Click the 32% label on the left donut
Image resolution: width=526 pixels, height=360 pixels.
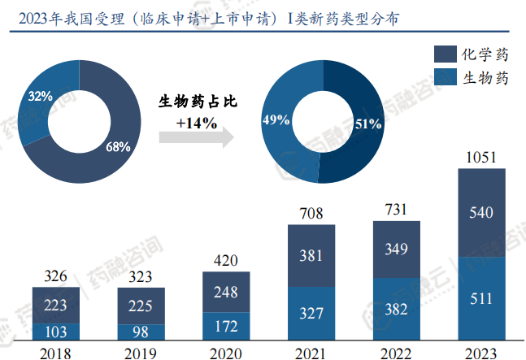(x=40, y=97)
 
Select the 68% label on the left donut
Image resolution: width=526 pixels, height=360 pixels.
(x=118, y=147)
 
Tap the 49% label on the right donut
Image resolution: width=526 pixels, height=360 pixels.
(x=276, y=120)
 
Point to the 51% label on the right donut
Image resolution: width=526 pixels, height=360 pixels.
(x=368, y=124)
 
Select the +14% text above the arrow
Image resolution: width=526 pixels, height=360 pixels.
(x=196, y=123)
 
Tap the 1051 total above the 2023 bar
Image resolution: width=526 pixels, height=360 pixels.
(x=481, y=157)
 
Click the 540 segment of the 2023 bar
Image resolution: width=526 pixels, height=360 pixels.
(x=481, y=213)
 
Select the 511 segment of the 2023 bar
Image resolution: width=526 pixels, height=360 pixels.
(x=481, y=299)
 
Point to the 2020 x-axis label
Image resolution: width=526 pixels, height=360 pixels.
(x=227, y=353)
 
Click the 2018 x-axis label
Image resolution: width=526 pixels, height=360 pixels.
(x=56, y=353)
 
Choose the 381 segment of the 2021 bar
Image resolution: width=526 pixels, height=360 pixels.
(x=311, y=256)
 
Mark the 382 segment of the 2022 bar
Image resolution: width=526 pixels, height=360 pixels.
(x=396, y=310)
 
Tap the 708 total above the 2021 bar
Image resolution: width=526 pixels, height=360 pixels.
(x=311, y=215)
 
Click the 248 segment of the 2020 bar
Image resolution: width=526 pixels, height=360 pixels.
(x=227, y=292)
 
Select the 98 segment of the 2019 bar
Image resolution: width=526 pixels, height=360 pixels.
(x=141, y=332)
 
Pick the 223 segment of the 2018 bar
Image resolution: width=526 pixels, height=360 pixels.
(x=56, y=305)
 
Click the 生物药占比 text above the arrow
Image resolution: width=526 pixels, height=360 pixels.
(x=196, y=102)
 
